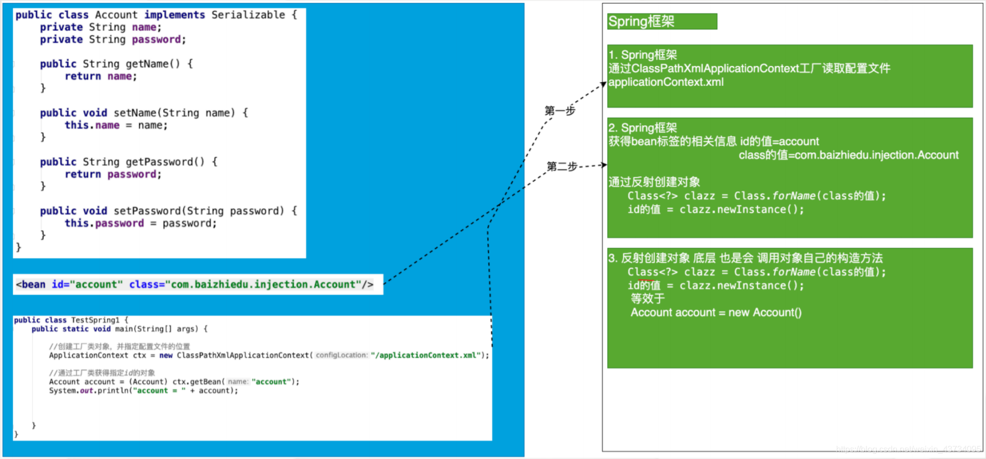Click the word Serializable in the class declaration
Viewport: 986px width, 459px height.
tap(248, 15)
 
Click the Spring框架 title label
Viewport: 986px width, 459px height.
tap(641, 22)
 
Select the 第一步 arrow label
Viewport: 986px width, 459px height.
tap(560, 111)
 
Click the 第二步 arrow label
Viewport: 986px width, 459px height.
tap(562, 167)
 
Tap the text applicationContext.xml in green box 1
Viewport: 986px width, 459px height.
tap(666, 82)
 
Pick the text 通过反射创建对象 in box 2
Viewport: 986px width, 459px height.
tap(654, 182)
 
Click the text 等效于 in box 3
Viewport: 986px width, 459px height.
tap(648, 299)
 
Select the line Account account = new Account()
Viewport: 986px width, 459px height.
tap(716, 313)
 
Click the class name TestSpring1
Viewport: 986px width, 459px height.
tap(96, 320)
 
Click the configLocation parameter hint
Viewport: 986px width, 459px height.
tap(341, 356)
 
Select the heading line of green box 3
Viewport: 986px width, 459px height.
tap(745, 259)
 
